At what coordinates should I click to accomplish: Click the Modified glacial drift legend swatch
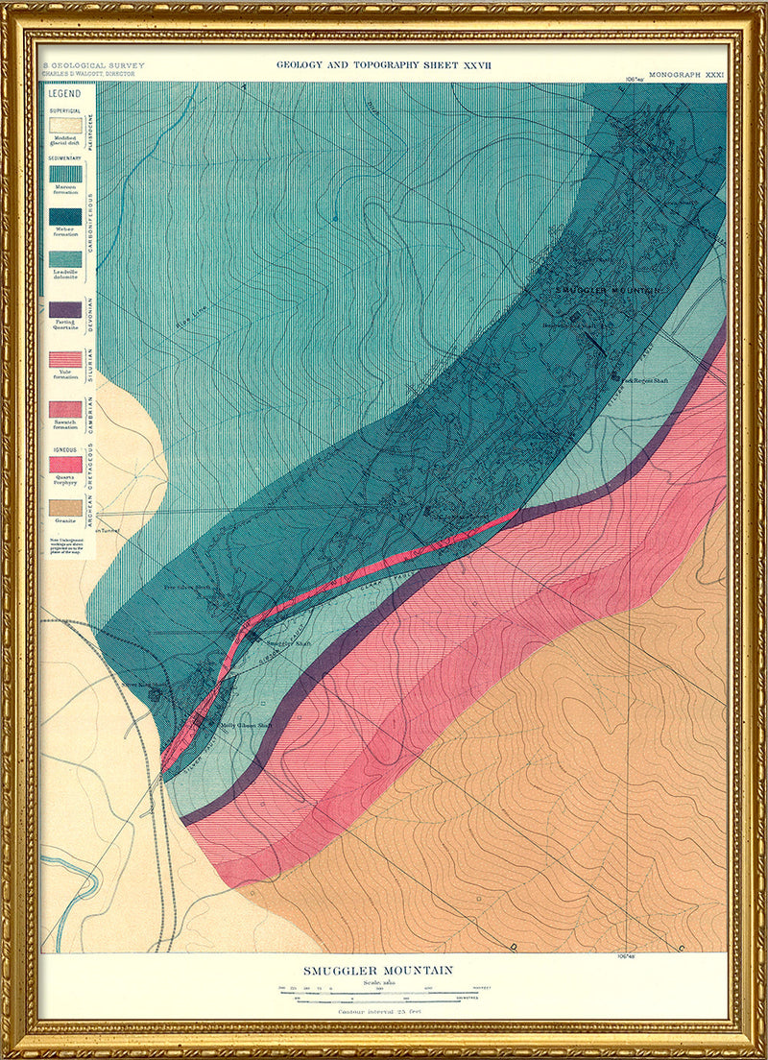pos(65,125)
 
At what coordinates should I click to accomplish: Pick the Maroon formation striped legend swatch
pos(65,173)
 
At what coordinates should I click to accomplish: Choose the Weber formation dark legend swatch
pos(65,217)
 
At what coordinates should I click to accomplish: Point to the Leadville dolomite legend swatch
pos(65,259)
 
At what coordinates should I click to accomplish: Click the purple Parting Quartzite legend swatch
pos(65,309)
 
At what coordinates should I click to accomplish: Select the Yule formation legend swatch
pos(65,359)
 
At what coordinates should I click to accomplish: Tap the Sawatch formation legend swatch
pos(65,409)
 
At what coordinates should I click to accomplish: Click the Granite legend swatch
pos(65,507)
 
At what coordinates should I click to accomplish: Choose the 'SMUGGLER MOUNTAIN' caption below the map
pos(378,971)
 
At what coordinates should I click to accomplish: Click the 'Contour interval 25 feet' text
pos(378,1010)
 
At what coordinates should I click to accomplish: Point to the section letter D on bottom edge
pos(515,948)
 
